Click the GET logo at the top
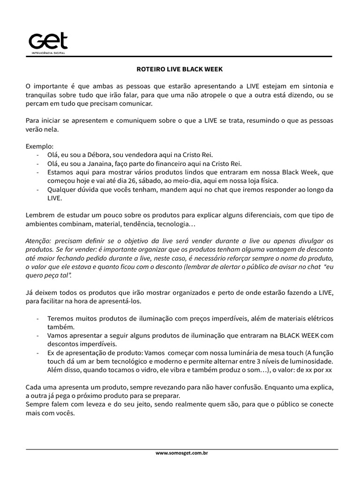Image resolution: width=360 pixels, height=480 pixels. [x=48, y=41]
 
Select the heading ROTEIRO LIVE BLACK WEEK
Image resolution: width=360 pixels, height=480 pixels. [x=180, y=69]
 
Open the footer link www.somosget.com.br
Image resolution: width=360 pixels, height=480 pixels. [x=181, y=454]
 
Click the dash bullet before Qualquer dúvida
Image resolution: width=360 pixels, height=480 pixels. [x=37, y=189]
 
